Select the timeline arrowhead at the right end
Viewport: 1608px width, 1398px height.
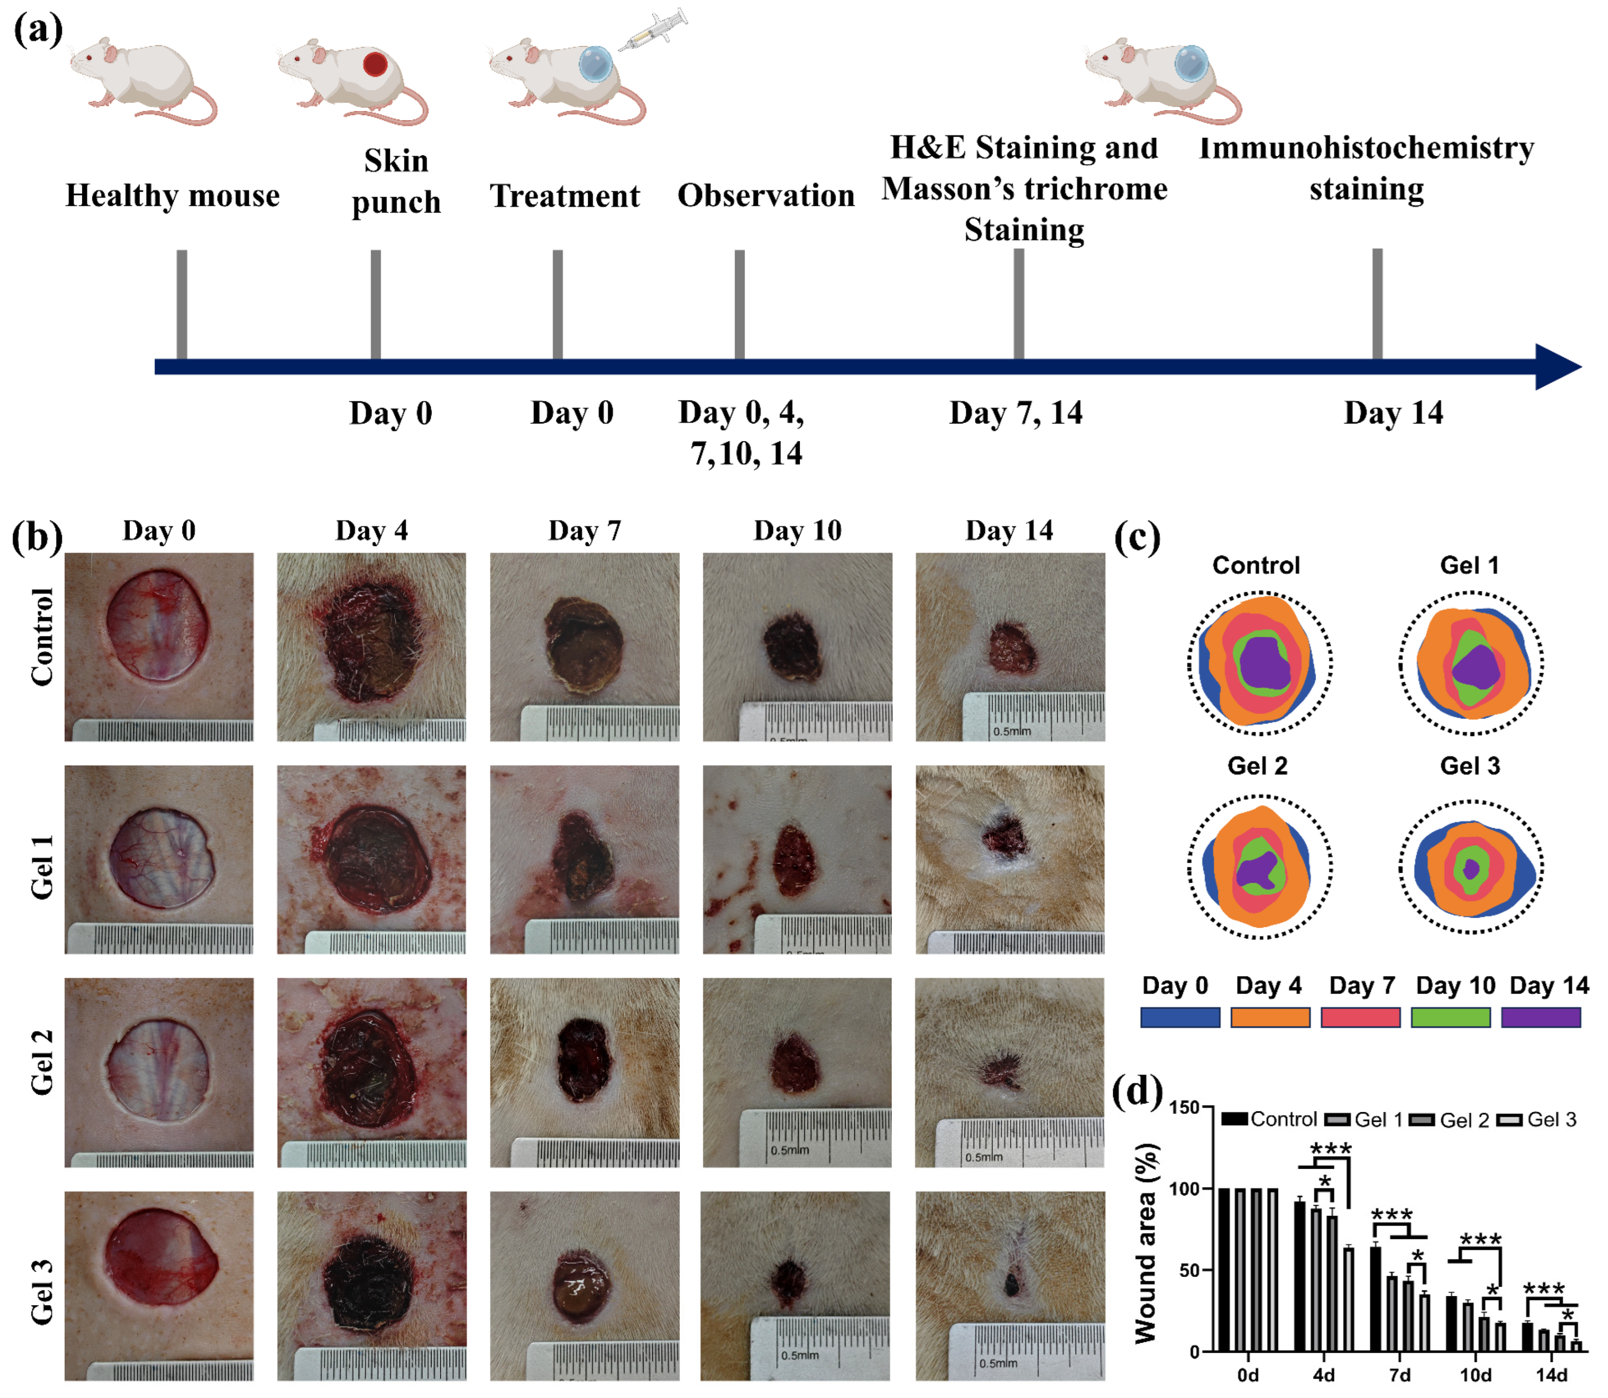tap(1556, 367)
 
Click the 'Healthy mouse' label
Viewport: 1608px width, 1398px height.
tap(172, 195)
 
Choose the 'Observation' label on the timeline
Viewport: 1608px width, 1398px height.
tap(766, 195)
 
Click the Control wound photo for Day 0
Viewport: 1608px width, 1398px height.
tap(159, 647)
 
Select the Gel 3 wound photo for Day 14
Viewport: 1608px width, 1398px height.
tap(1010, 1285)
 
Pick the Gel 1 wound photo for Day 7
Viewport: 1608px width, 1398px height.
tap(584, 859)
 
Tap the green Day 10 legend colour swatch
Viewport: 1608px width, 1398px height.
tap(1451, 1017)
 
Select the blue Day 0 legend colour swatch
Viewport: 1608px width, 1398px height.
tap(1180, 1017)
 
